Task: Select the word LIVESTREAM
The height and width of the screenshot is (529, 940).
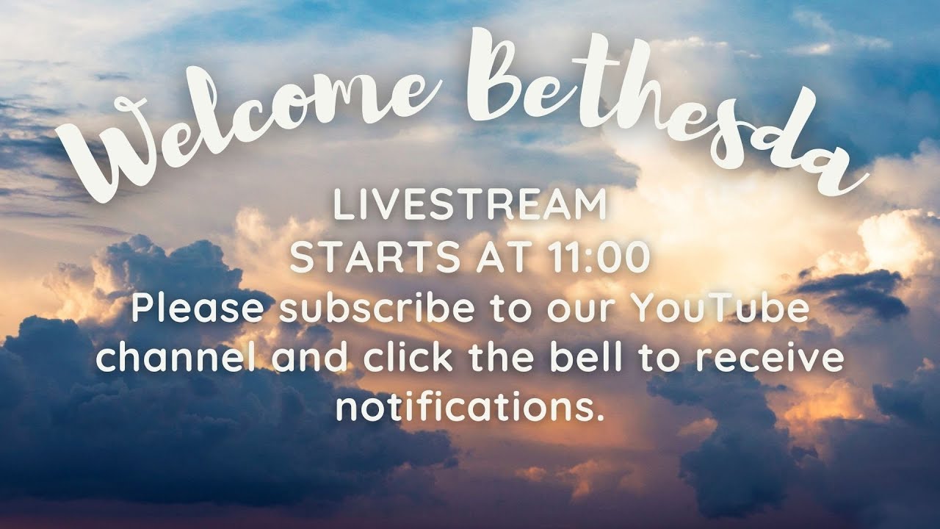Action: [x=470, y=206]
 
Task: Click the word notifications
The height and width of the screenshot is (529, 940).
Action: [x=470, y=406]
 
